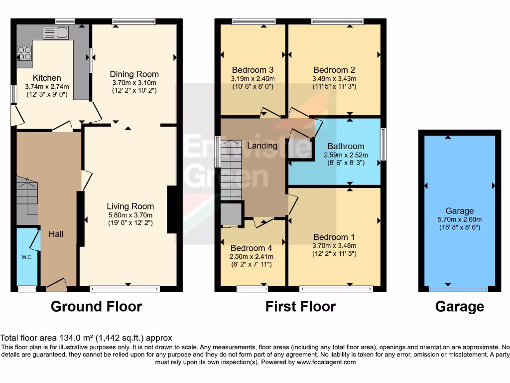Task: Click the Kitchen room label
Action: (x=47, y=78)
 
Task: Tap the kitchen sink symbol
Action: (x=56, y=33)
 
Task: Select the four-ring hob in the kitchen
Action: (x=24, y=53)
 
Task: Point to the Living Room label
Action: (x=130, y=206)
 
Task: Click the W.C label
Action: (x=26, y=257)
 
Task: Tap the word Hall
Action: (x=56, y=233)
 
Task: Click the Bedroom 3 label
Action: (x=253, y=70)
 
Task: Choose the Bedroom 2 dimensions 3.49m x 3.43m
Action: (x=334, y=79)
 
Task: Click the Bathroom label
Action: (x=346, y=146)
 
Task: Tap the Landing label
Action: (x=262, y=146)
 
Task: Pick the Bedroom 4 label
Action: (x=252, y=248)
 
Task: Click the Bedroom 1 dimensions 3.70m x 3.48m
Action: (x=334, y=245)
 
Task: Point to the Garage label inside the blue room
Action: (x=460, y=210)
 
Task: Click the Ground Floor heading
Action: (x=96, y=306)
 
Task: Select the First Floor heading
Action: (x=300, y=306)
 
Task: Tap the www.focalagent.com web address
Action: (x=326, y=362)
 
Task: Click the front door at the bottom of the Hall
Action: (x=56, y=285)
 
